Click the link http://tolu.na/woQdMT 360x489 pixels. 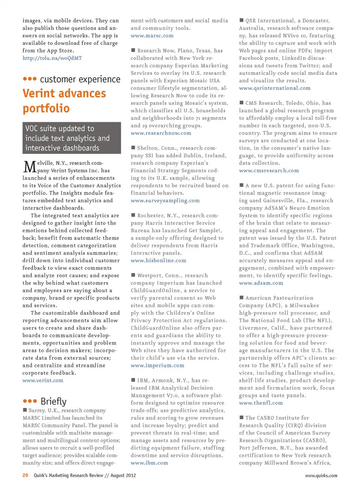coord(52,58)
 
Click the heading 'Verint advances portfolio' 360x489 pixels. coord(64,101)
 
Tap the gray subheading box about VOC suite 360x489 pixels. coord(72,138)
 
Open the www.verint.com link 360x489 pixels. coord(43,380)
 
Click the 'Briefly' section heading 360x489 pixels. coord(53,401)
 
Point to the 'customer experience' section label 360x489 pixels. coord(80,79)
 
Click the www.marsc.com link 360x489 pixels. coord(152,36)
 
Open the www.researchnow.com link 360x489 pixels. coord(161,133)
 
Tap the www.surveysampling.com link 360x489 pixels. coord(165,200)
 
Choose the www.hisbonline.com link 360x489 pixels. coord(158,260)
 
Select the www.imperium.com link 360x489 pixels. coord(157,365)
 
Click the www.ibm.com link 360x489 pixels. coord(149,463)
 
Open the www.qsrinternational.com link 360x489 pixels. coord(274,88)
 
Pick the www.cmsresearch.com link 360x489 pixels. coord(269,170)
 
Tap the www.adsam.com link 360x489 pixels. coord(261,283)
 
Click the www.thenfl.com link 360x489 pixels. coord(261,403)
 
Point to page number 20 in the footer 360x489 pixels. coord(25,475)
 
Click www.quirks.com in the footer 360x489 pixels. coord(321,476)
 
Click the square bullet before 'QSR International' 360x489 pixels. coord(241,20)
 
